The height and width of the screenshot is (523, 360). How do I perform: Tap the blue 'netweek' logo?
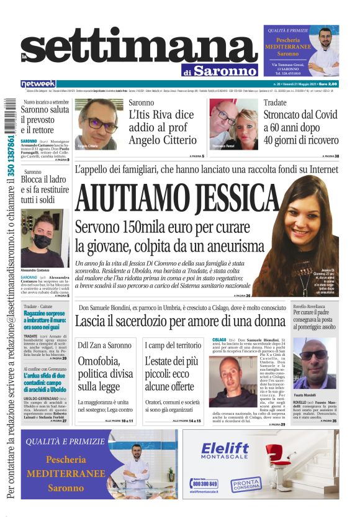(x=38, y=84)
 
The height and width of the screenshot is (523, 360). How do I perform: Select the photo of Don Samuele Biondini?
(x=232, y=383)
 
